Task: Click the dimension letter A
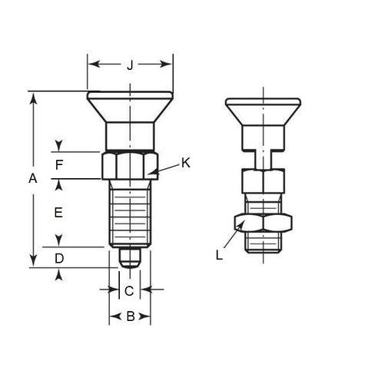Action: point(32,179)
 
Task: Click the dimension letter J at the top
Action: point(129,65)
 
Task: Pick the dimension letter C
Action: point(129,290)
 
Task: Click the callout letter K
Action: point(186,162)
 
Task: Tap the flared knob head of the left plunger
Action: point(129,108)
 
